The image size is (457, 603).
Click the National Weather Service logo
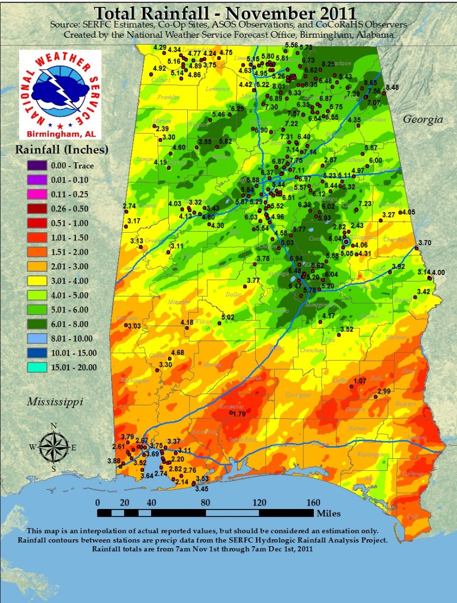click(x=60, y=94)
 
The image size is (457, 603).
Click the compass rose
click(x=53, y=447)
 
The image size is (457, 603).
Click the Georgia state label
click(x=423, y=120)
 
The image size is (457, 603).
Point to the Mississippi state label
click(x=55, y=401)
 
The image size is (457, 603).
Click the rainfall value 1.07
click(x=360, y=381)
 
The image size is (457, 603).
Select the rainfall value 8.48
click(x=392, y=87)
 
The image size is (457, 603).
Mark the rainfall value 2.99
click(x=384, y=391)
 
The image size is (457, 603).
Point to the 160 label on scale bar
click(x=313, y=502)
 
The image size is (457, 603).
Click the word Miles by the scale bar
click(x=328, y=513)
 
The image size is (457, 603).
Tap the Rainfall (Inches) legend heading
click(x=62, y=150)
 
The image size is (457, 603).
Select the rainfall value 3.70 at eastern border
click(x=425, y=243)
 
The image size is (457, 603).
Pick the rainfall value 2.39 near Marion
click(x=162, y=129)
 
